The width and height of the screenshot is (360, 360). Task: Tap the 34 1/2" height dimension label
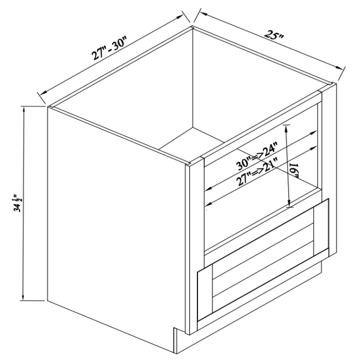click(19, 203)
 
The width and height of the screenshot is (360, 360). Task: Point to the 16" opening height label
click(294, 170)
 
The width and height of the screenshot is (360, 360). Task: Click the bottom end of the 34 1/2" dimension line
click(23, 299)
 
